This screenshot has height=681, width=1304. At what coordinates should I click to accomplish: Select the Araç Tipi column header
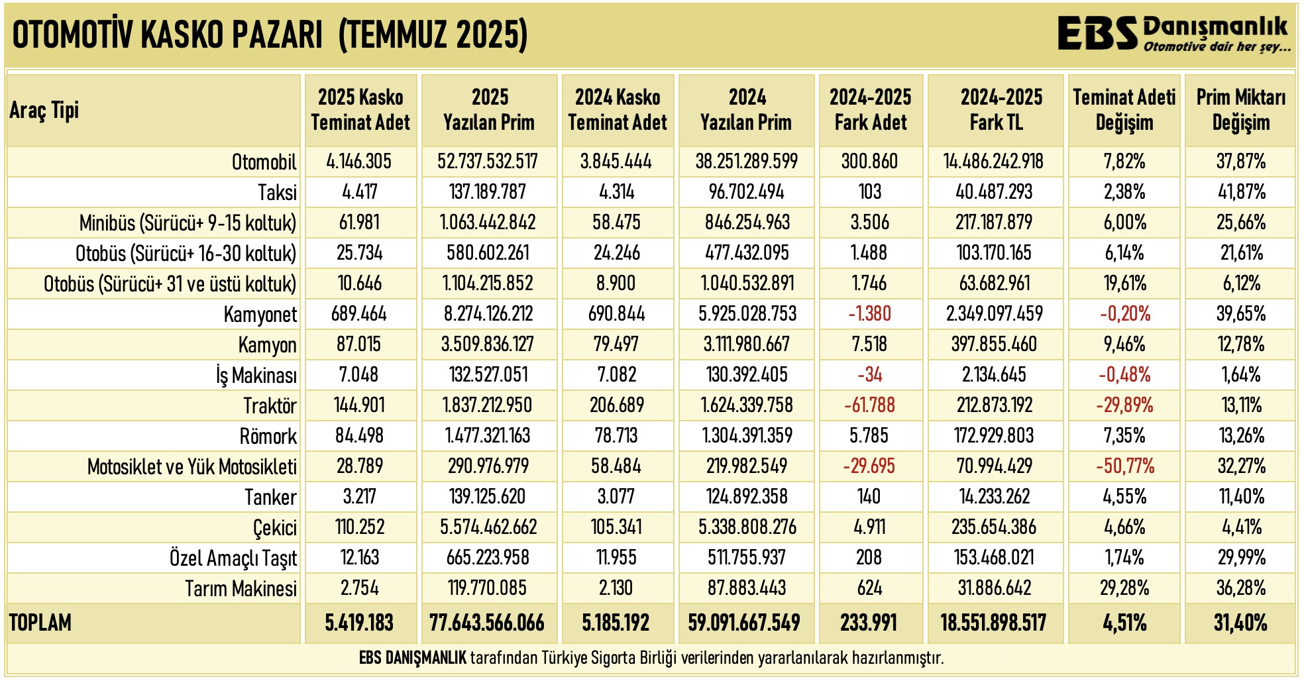click(x=44, y=110)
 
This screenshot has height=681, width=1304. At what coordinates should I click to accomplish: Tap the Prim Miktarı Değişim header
click(x=1240, y=110)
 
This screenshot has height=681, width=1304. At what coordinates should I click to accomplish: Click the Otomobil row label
click(x=264, y=162)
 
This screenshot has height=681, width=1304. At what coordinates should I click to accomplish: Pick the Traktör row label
click(x=270, y=405)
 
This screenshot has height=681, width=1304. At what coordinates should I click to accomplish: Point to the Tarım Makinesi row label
click(x=241, y=588)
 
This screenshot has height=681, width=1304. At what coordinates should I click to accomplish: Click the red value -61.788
click(x=869, y=405)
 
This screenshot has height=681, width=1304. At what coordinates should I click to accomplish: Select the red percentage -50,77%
click(x=1124, y=466)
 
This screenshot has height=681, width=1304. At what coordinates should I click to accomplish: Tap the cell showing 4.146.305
click(x=359, y=162)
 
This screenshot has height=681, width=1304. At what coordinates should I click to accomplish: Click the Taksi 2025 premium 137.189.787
click(x=488, y=192)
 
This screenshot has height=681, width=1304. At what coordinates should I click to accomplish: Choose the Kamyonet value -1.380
click(x=869, y=314)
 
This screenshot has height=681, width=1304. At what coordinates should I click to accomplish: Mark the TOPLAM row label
click(x=40, y=623)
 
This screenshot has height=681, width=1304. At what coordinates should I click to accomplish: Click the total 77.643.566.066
click(x=487, y=623)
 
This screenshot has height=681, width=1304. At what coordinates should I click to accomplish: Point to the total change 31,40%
click(x=1240, y=623)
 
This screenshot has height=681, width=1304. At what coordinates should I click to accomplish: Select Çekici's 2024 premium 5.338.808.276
click(x=747, y=527)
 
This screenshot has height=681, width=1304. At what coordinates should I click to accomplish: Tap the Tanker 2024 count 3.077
click(x=616, y=497)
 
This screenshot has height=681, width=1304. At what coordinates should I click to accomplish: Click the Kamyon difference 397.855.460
click(x=995, y=344)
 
